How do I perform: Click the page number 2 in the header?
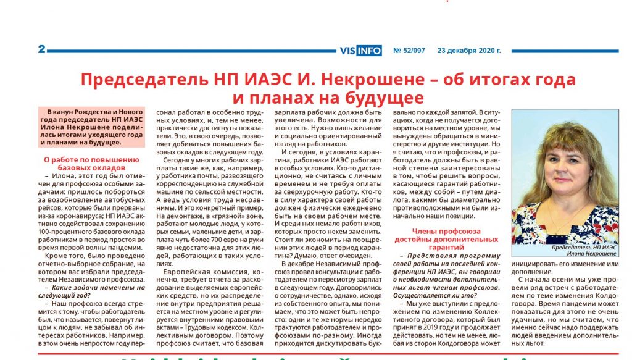click(41, 49)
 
